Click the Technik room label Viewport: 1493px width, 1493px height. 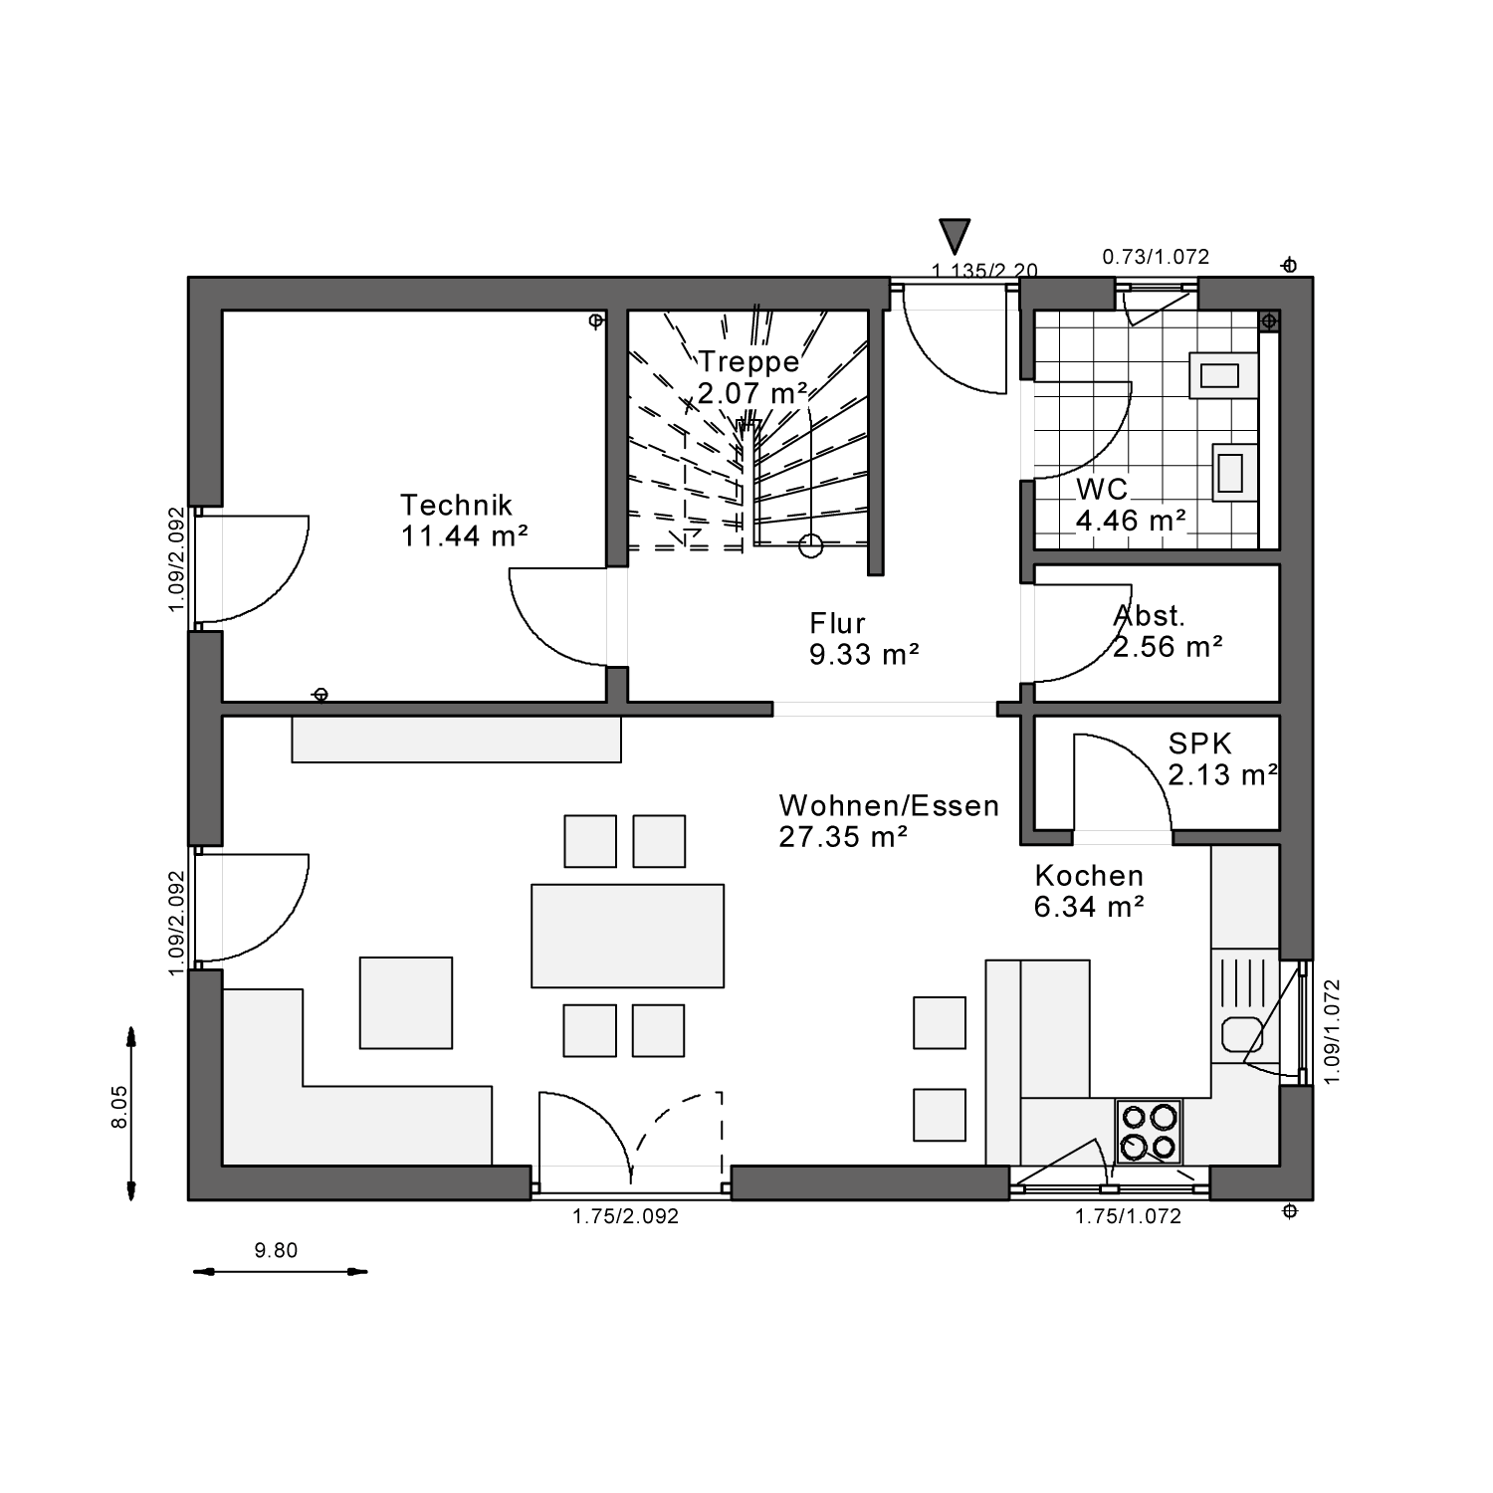click(x=464, y=520)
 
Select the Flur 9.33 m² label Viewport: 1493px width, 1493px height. click(x=863, y=639)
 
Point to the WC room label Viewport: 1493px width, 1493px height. click(x=1131, y=505)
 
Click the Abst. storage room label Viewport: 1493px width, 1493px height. click(x=1168, y=631)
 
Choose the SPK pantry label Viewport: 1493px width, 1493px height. click(x=1222, y=758)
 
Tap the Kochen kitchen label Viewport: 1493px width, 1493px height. click(x=1089, y=891)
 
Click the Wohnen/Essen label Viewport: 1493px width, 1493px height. click(x=889, y=820)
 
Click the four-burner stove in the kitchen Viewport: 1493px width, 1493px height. click(x=1149, y=1132)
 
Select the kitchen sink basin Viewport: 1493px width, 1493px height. click(x=1241, y=1034)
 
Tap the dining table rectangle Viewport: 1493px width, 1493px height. click(x=627, y=936)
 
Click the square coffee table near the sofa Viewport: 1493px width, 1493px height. click(x=406, y=1002)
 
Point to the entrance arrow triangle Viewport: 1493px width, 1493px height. click(x=956, y=236)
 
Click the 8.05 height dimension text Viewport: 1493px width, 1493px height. click(x=119, y=1107)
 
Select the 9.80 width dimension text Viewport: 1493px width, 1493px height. click(x=276, y=1251)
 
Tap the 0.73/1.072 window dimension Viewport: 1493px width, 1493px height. click(x=1156, y=257)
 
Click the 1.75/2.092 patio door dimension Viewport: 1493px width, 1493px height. click(x=625, y=1215)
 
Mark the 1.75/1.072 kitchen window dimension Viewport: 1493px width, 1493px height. click(x=1128, y=1215)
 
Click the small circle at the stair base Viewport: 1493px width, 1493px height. click(x=811, y=544)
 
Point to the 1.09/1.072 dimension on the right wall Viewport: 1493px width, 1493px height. click(x=1334, y=1031)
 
